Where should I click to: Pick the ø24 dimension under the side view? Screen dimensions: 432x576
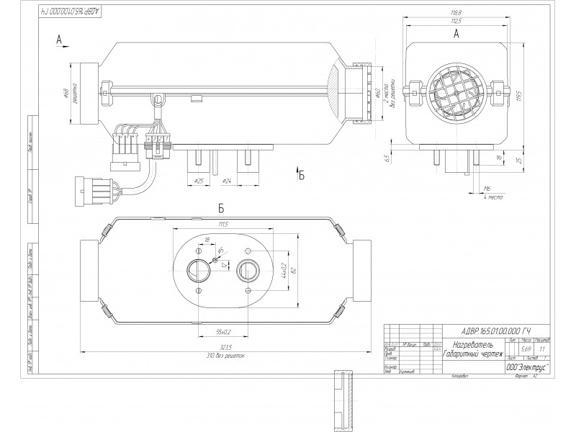pos(225,180)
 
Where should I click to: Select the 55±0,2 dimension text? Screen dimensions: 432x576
pos(223,332)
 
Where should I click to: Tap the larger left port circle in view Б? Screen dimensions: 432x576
pos(197,271)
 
